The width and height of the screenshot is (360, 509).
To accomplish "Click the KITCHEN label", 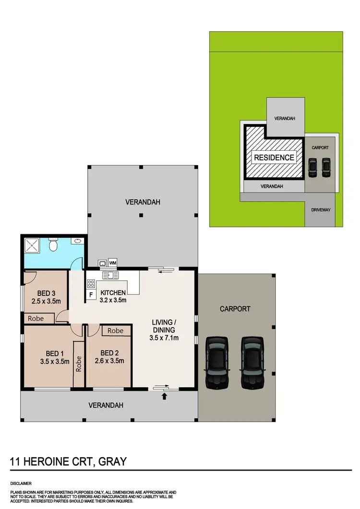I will (x=113, y=293).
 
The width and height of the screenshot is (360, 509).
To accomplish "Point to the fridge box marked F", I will (x=90, y=294).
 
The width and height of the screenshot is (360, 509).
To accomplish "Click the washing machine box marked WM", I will (x=113, y=263).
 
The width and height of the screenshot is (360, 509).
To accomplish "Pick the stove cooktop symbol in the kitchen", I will (x=91, y=283).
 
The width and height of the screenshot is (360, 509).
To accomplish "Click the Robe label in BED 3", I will (x=36, y=318).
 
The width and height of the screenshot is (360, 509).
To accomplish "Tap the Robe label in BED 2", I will (x=115, y=331).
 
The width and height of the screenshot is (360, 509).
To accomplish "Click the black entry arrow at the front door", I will (x=165, y=396).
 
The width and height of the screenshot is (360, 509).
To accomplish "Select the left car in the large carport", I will (x=216, y=362).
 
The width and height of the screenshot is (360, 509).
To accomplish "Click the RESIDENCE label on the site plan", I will (x=274, y=157).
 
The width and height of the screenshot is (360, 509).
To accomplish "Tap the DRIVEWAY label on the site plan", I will (x=321, y=210).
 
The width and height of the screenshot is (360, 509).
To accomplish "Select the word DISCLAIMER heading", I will (x=22, y=483).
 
